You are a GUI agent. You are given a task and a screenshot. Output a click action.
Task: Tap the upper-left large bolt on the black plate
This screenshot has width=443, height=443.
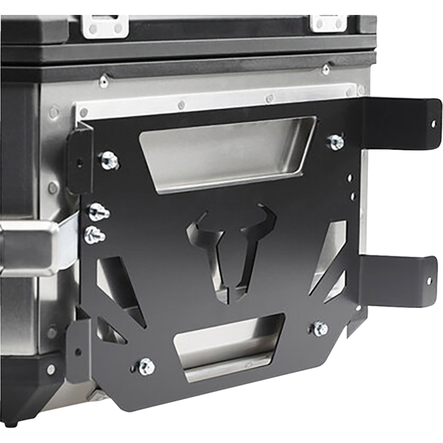[110, 159]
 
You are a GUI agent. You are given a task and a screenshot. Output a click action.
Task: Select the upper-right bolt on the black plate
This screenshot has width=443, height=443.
[336, 142]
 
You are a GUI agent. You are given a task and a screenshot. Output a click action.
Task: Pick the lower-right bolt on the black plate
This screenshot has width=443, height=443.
[320, 328]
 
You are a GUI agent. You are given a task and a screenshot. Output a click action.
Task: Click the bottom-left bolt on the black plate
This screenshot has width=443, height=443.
[146, 365]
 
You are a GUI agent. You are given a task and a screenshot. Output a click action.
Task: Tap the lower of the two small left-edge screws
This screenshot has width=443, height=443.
[94, 235]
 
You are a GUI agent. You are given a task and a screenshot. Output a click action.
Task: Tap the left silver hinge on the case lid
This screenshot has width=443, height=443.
[105, 25]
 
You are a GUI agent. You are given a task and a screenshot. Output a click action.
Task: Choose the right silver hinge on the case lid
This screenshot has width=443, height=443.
[330, 23]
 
